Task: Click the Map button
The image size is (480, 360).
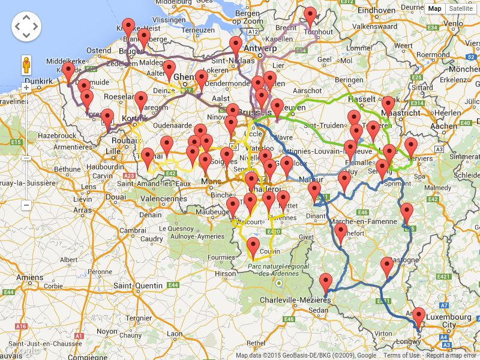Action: point(434,8)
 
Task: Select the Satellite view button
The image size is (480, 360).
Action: point(461,8)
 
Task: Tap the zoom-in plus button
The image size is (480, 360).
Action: point(26,87)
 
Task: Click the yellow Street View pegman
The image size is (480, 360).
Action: point(26,64)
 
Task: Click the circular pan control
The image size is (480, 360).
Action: point(26,26)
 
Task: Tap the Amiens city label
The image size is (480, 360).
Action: point(30,277)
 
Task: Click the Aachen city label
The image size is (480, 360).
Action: point(443,126)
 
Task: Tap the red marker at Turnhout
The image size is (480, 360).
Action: point(310,16)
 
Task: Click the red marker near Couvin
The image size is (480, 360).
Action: point(254,246)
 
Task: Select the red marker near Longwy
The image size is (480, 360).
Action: point(418,316)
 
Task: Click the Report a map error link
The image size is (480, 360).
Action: point(452,356)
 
